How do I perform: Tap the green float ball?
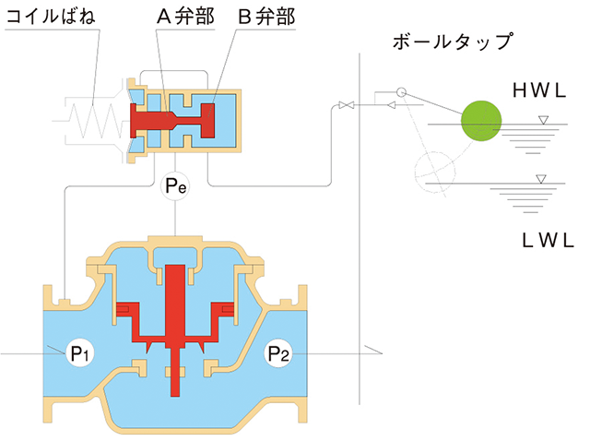[x=481, y=120]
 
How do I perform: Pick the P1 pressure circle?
[x=78, y=352]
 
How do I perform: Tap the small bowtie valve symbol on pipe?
[x=346, y=107]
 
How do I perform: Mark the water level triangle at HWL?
[x=543, y=120]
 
